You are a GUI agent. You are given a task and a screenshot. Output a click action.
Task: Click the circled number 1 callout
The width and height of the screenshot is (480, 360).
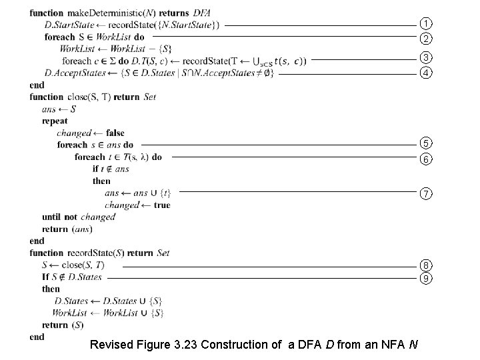pos(425,25)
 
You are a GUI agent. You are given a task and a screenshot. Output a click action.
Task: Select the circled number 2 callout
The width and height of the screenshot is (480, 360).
pos(425,38)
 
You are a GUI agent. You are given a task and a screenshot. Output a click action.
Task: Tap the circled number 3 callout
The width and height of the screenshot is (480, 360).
pos(425,57)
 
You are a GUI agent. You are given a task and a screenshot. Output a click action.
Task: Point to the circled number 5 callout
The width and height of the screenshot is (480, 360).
pos(425,143)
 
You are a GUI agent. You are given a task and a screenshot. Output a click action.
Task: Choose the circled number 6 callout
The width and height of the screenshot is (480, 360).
pos(425,159)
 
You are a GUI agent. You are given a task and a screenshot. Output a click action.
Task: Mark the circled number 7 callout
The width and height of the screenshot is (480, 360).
pos(425,193)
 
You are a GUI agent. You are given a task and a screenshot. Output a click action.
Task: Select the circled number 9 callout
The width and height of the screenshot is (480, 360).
pos(425,277)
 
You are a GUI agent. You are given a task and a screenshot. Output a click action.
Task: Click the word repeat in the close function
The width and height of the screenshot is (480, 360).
pos(55,121)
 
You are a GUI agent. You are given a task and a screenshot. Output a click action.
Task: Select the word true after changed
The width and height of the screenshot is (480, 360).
pos(161,205)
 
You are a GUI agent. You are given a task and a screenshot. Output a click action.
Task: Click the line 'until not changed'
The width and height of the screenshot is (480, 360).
pos(78,217)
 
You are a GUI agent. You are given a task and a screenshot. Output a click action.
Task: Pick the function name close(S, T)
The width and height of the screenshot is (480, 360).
pos(88,97)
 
